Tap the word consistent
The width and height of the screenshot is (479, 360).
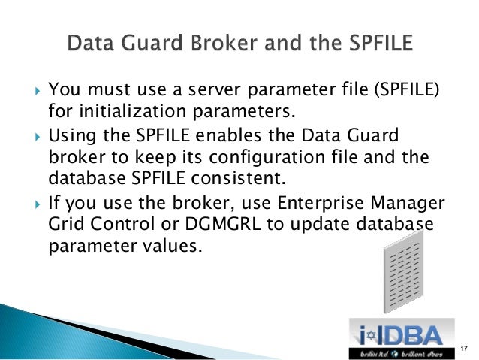[x=244, y=178]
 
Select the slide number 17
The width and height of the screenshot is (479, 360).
[x=463, y=347]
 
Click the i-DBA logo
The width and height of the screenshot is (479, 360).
[x=402, y=336]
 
